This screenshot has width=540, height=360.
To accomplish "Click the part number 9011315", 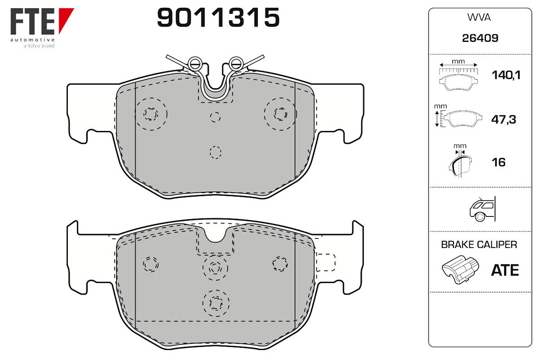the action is [218, 18].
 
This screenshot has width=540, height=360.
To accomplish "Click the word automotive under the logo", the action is [32, 40].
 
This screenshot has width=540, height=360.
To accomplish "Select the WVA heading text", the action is [479, 18].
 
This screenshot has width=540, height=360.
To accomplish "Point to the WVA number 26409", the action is [480, 38].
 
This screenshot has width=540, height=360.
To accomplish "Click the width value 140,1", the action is [506, 75].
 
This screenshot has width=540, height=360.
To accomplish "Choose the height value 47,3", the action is [504, 119].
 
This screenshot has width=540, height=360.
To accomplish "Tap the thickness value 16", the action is [499, 162].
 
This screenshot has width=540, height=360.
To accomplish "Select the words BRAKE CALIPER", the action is [479, 244].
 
